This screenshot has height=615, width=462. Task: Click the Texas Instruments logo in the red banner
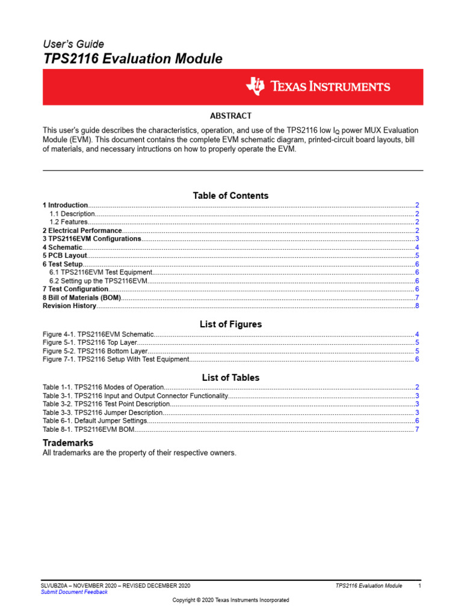pos(318,86)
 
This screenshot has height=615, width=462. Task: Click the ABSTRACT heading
pos(230,116)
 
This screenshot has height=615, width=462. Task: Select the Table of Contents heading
pos(230,196)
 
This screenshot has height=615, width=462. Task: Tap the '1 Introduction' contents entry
pos(65,205)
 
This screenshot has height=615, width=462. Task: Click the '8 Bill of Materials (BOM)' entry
pos(82,298)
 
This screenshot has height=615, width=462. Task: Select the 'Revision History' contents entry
pos(69,306)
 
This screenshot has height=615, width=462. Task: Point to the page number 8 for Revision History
pos(417,306)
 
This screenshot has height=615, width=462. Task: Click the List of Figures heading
pos(230,324)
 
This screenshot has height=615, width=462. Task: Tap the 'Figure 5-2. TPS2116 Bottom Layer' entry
pos(95,351)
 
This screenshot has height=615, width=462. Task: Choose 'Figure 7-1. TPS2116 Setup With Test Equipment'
pos(116,360)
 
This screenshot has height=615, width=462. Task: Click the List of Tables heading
pos(230,378)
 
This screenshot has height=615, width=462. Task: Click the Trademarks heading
pos(67,443)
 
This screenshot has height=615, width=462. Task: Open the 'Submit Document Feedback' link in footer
pos(74,592)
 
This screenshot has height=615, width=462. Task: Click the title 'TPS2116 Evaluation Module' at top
pos(132,59)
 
